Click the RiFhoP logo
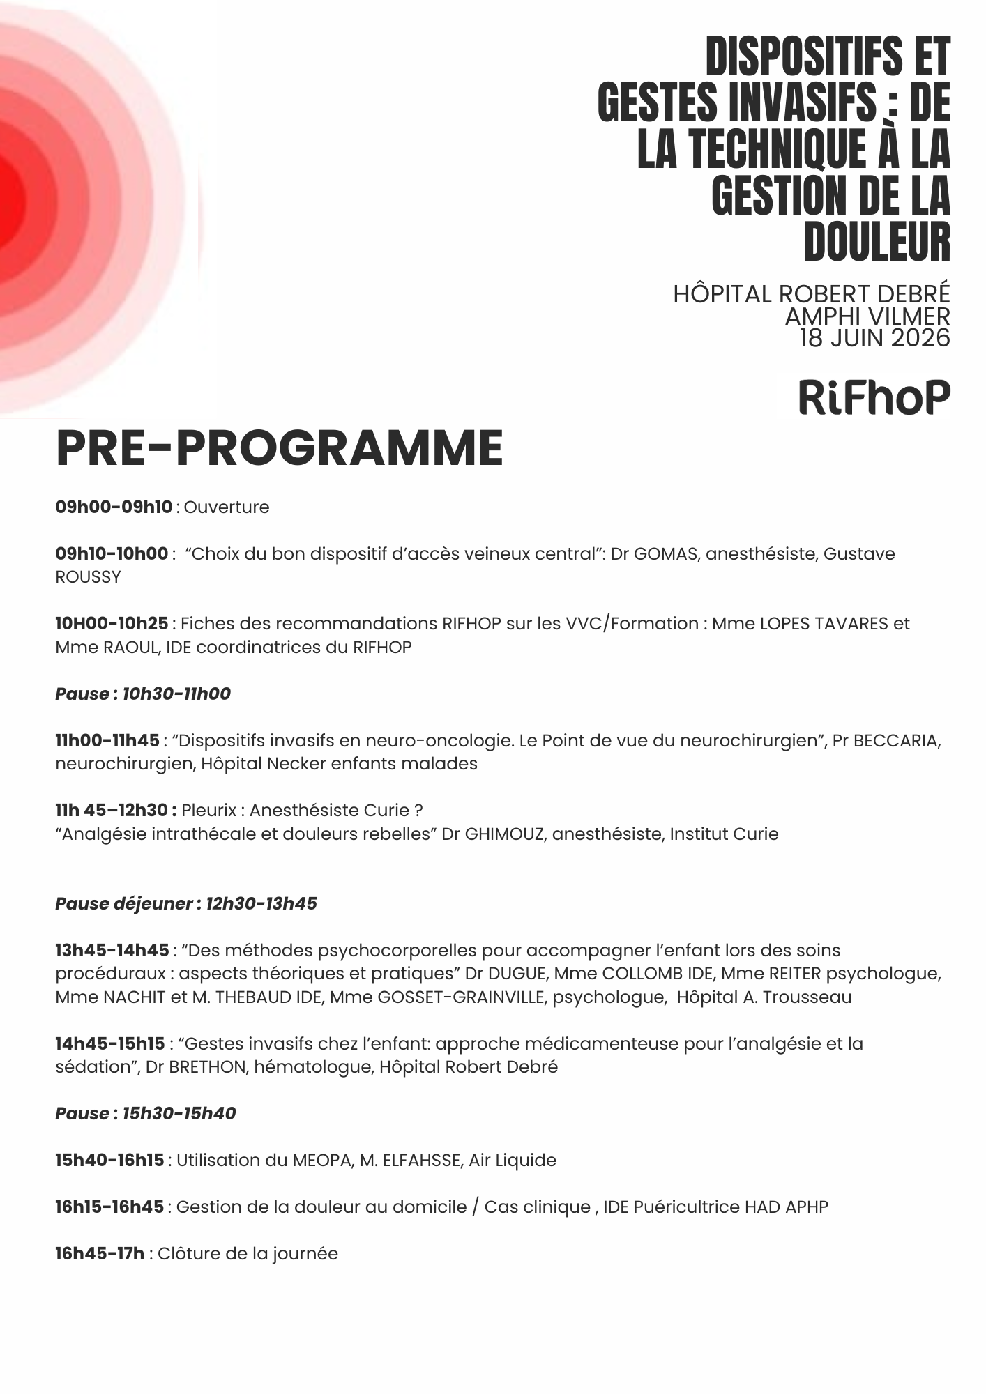tap(874, 398)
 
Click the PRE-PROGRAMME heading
tap(279, 448)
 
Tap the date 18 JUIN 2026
tap(874, 338)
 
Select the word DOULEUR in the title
tap(877, 242)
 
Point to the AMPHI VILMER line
tap(867, 316)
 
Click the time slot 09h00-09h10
tap(114, 507)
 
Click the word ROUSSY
tap(88, 578)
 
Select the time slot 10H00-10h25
tap(112, 624)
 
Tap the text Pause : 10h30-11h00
tap(143, 694)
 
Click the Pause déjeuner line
tap(186, 904)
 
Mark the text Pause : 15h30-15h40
tap(146, 1114)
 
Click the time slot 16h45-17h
tap(100, 1254)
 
